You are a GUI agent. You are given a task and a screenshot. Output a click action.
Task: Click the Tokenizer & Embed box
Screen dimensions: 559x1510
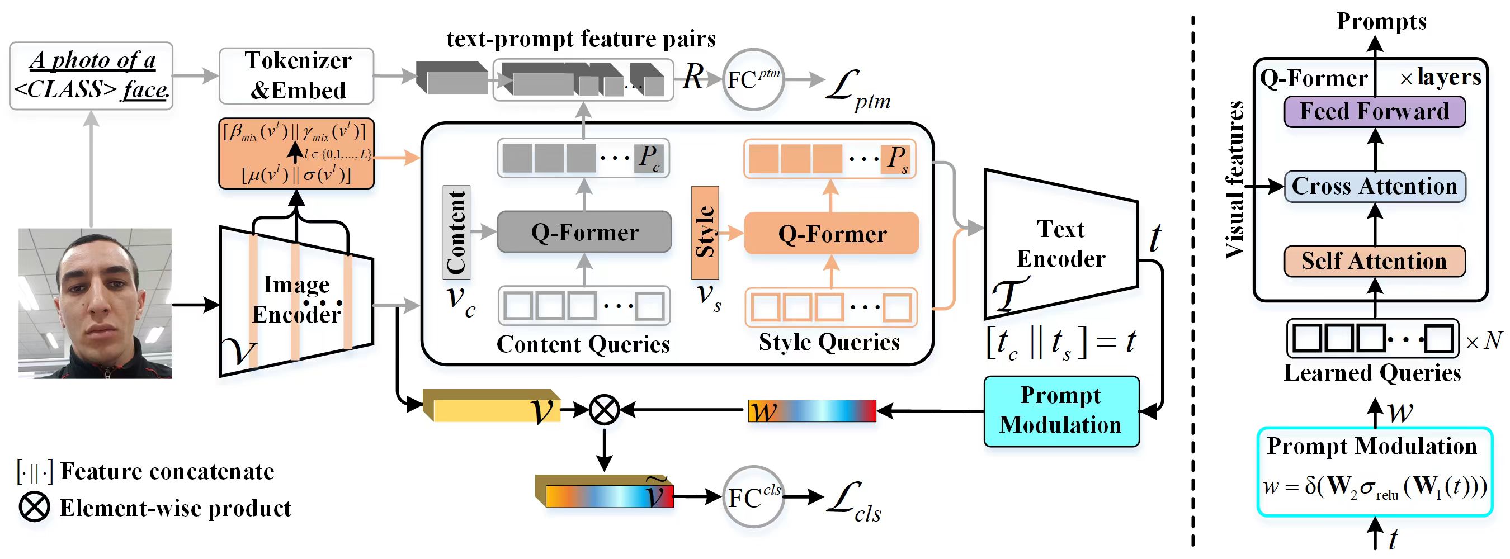(296, 75)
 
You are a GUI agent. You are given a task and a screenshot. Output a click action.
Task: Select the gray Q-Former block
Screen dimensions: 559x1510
(584, 232)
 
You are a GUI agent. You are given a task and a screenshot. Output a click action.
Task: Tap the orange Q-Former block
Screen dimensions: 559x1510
(831, 234)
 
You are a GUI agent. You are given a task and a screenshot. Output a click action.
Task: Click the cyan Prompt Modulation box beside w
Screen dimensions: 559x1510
(1061, 411)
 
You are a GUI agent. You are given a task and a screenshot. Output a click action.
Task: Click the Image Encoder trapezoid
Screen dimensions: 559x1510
(296, 300)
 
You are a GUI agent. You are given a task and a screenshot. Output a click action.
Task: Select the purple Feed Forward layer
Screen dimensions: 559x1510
(1374, 111)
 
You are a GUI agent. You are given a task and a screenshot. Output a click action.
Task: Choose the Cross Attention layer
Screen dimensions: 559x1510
(1374, 186)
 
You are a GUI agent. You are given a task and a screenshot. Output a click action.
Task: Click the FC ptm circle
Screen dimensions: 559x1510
(753, 80)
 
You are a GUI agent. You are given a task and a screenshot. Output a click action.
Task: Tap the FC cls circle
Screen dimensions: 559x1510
(753, 497)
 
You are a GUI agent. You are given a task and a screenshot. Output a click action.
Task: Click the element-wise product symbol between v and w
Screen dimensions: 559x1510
(604, 410)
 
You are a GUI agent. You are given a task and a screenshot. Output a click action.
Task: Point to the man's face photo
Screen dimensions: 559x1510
(95, 303)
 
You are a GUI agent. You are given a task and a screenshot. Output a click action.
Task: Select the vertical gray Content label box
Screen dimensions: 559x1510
(456, 232)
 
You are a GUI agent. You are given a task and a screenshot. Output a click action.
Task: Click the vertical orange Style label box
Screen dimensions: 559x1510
(705, 232)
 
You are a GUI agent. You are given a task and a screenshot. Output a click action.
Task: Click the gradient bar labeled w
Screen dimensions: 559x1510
(812, 411)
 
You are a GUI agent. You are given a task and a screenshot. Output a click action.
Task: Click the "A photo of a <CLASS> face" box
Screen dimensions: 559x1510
(91, 75)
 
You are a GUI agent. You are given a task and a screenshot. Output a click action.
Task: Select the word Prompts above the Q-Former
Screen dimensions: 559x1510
(1381, 22)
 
